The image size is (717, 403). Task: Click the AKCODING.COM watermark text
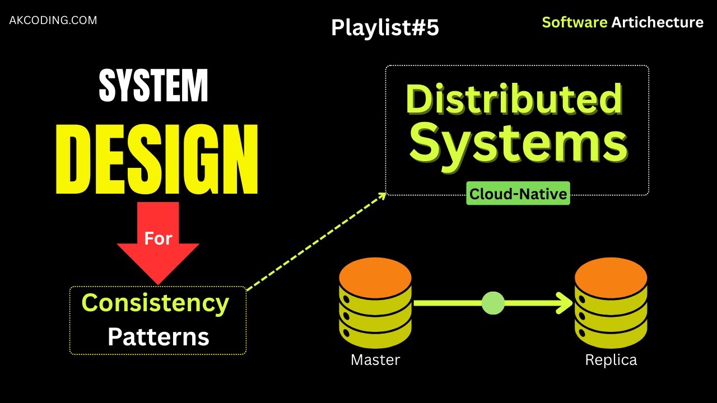(53, 21)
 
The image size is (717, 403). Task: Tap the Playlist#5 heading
(385, 28)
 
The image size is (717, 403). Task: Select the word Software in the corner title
(574, 22)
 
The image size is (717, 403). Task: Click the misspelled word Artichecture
(657, 22)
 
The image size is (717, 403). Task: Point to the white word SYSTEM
(153, 86)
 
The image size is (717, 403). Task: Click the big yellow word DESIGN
(157, 160)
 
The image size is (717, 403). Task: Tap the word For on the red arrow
(158, 238)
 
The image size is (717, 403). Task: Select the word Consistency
(155, 303)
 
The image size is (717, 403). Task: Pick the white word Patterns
(158, 337)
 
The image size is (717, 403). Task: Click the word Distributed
(514, 99)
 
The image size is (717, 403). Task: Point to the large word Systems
(518, 142)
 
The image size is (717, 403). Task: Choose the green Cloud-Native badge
(518, 194)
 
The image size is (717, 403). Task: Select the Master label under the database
(375, 360)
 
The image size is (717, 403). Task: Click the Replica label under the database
(611, 360)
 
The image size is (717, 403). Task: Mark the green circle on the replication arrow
(493, 303)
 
